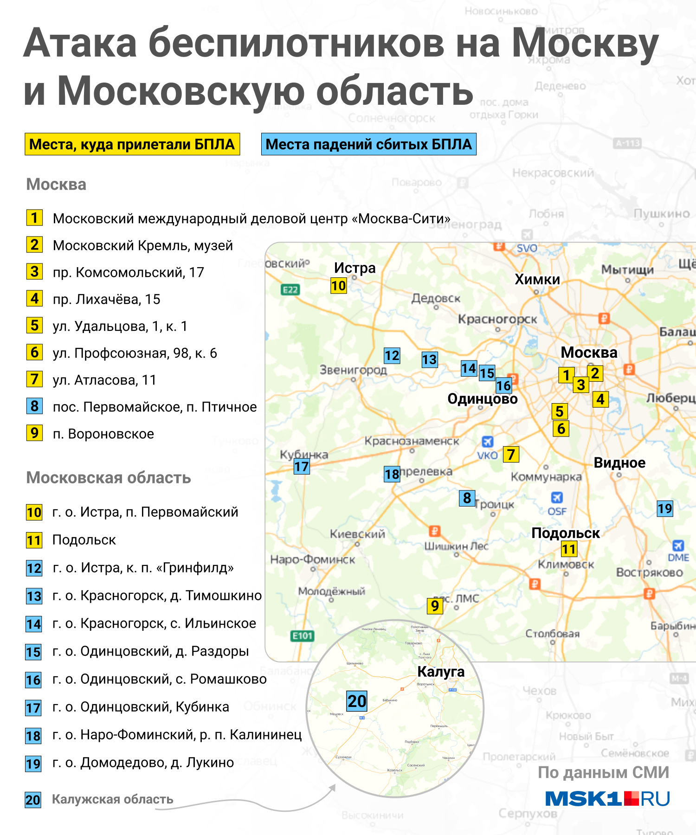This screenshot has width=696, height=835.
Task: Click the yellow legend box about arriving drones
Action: (132, 144)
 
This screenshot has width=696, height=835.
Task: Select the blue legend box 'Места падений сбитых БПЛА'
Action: (368, 144)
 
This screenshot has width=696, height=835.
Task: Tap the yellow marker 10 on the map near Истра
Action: (339, 286)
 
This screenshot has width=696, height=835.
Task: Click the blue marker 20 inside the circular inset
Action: (357, 701)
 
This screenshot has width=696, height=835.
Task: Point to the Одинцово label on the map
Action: (482, 399)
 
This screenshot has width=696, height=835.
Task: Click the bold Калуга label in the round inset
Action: (441, 671)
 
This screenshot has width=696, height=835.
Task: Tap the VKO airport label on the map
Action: (487, 455)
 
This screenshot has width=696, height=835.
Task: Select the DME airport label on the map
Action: (678, 557)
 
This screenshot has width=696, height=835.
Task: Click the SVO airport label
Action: (527, 248)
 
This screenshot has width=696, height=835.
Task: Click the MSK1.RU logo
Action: (607, 799)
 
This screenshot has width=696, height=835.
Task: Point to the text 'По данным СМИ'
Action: (603, 772)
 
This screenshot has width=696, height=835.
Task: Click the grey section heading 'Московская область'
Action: (109, 478)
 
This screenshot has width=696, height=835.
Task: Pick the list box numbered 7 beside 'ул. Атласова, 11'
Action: (34, 379)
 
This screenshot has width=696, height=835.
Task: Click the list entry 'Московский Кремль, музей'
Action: (142, 245)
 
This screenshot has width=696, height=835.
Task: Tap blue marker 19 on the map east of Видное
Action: (664, 509)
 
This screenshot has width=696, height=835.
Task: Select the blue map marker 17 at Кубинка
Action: (302, 467)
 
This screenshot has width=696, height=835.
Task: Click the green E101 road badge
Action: (302, 636)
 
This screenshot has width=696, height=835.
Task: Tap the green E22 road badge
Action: (290, 290)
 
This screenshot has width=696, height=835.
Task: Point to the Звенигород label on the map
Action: (353, 370)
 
